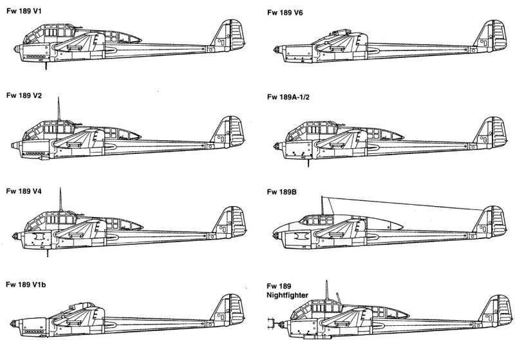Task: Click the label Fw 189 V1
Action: point(24,11)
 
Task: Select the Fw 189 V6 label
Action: point(285,13)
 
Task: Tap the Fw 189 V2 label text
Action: point(24,95)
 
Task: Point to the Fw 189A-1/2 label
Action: point(288,97)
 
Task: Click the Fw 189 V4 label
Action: point(24,191)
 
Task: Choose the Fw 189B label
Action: point(281,192)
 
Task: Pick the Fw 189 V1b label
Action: point(26,285)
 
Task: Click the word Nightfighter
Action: point(287,296)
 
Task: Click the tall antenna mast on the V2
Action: point(59,109)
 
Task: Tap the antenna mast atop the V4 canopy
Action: point(61,200)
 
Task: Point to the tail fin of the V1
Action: point(229,35)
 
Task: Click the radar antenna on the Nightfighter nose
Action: point(271,323)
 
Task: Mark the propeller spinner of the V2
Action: point(15,145)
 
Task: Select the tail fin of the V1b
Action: point(229,309)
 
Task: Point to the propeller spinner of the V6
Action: point(277,50)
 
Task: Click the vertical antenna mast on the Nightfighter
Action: point(326,290)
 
